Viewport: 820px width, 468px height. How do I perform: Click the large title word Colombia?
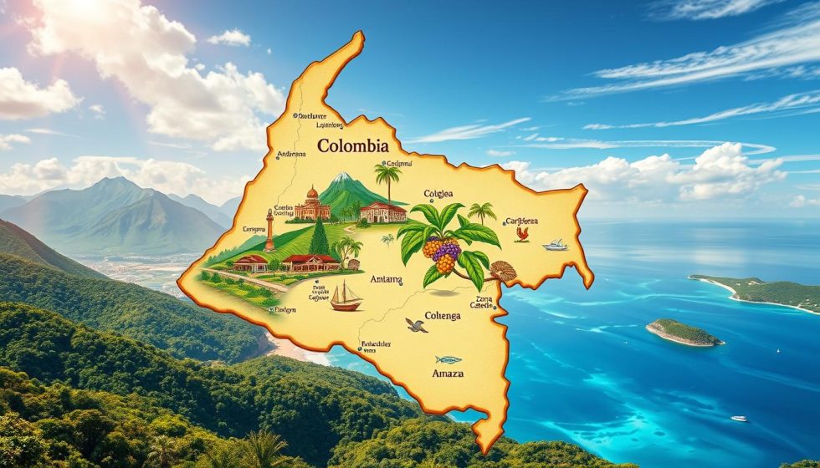click(352, 146)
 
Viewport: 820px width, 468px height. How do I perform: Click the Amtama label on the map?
click(386, 280)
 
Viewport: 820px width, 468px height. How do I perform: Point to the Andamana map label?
click(290, 155)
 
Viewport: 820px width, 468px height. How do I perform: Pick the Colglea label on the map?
click(438, 194)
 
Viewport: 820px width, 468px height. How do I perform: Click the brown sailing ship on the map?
click(346, 297)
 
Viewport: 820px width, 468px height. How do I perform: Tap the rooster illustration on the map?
click(522, 233)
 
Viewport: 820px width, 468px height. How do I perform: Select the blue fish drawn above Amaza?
click(448, 359)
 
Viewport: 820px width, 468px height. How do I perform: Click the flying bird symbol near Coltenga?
click(416, 325)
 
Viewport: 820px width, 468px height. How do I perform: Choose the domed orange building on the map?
click(313, 205)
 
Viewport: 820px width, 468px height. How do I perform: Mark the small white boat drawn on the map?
click(555, 245)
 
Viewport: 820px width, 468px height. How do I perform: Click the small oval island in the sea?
click(684, 332)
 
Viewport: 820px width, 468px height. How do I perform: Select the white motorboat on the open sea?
click(739, 418)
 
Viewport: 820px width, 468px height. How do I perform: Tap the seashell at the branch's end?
click(504, 271)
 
